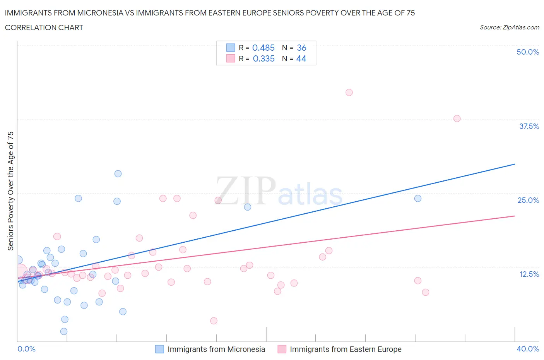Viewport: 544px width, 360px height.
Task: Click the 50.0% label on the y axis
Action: point(528,52)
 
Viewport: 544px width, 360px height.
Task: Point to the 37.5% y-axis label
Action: point(529,126)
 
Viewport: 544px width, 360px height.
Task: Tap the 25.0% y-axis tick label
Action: point(528,200)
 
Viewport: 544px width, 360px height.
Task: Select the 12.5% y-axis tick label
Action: point(529,274)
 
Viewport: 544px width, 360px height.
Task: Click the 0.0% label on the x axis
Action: point(26,349)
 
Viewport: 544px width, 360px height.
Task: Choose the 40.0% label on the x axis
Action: point(528,349)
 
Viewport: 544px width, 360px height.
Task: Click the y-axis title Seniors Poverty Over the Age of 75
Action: point(10,191)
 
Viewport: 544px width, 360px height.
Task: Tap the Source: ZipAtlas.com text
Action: point(509,27)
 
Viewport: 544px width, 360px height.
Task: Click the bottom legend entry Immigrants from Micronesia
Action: point(216,349)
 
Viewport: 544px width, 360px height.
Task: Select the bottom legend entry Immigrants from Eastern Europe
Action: point(346,349)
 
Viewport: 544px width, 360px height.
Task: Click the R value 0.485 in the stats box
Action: point(263,48)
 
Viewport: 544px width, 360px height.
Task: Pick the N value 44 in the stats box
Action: point(301,58)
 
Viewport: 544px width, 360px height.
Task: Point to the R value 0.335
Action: point(263,58)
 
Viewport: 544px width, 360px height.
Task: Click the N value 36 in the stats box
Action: point(301,48)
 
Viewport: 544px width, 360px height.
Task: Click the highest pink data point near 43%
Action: point(349,92)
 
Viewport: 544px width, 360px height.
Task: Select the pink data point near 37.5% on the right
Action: point(457,118)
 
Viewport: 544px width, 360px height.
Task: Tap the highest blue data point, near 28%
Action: point(118,173)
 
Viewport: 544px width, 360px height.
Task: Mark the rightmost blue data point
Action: point(418,198)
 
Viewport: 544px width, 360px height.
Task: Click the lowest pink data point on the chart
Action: point(214,321)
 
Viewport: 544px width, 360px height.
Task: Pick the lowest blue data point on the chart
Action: point(64,331)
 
